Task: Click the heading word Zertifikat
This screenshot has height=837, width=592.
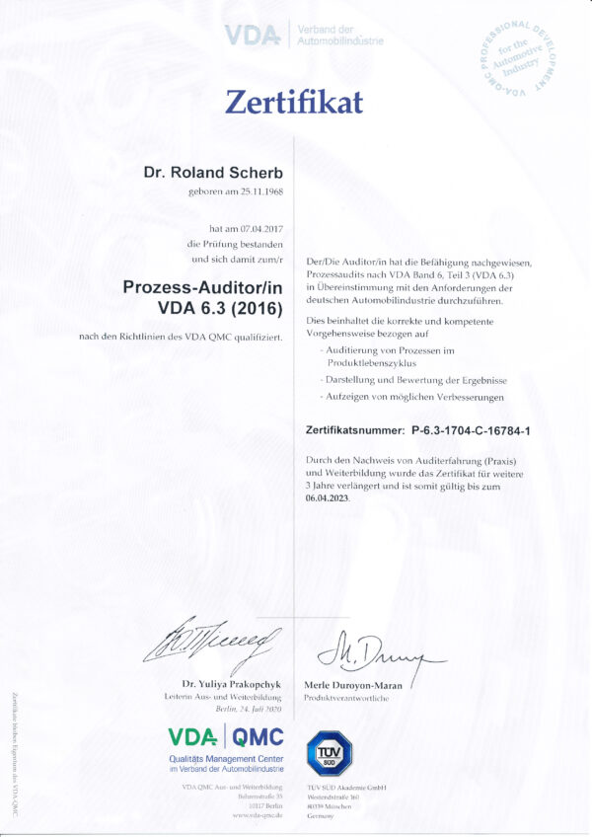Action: pyautogui.click(x=295, y=102)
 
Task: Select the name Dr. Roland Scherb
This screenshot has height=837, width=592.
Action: pyautogui.click(x=213, y=173)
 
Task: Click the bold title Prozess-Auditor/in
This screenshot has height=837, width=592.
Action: pyautogui.click(x=203, y=287)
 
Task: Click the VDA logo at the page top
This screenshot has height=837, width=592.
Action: pyautogui.click(x=254, y=36)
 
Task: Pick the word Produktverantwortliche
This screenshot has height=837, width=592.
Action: pyautogui.click(x=347, y=698)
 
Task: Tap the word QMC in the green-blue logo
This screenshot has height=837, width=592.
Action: pyautogui.click(x=259, y=736)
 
